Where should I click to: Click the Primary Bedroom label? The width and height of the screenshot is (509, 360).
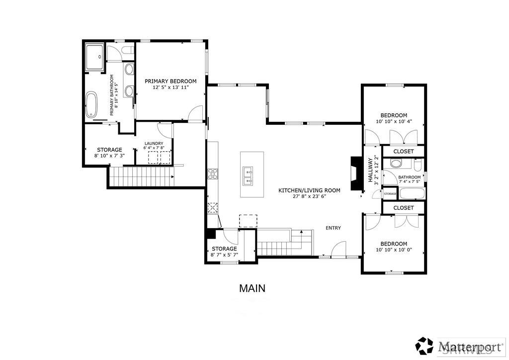click(x=170, y=81)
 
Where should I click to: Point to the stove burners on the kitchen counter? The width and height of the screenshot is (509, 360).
click(x=212, y=174)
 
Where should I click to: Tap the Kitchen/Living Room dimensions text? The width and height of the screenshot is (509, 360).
click(x=309, y=196)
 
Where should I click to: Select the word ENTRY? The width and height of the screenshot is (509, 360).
click(x=333, y=228)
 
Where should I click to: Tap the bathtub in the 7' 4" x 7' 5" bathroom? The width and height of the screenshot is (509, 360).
click(x=412, y=193)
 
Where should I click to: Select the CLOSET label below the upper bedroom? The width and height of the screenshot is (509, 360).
click(x=403, y=151)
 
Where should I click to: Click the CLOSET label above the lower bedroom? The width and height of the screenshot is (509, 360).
click(x=403, y=207)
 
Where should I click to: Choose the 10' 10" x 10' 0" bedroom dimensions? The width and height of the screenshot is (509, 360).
click(x=394, y=250)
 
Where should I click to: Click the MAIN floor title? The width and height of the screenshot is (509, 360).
click(x=252, y=288)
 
